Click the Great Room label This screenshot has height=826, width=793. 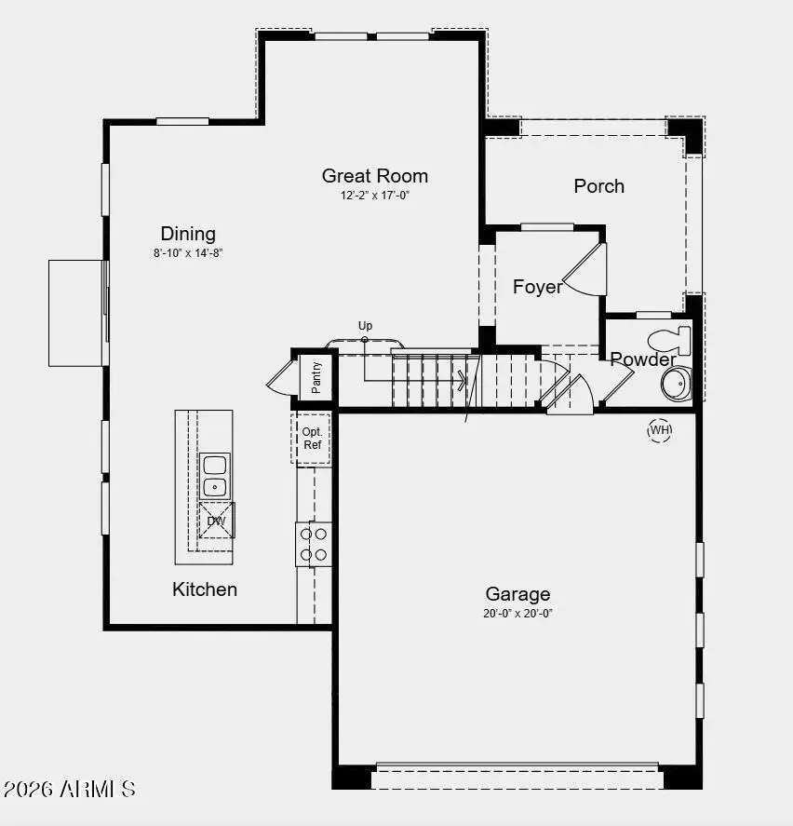375,176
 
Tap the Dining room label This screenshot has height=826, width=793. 188,234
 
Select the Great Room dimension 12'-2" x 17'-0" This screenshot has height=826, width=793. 375,196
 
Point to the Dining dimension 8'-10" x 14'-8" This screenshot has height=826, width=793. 188,253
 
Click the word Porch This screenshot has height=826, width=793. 598,186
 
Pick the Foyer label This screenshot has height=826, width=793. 537,287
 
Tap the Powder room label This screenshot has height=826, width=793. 642,359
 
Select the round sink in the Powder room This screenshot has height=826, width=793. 675,382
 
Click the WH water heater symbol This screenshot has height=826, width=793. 660,429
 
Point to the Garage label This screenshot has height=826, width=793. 517,594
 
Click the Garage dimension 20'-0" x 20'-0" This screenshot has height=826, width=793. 517,613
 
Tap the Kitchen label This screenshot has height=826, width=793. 205,589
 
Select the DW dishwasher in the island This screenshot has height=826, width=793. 216,520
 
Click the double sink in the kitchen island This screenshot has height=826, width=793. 215,475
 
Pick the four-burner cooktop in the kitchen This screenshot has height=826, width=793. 313,544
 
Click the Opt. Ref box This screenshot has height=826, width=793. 312,438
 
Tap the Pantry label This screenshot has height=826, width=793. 316,377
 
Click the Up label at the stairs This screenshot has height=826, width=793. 365,326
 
